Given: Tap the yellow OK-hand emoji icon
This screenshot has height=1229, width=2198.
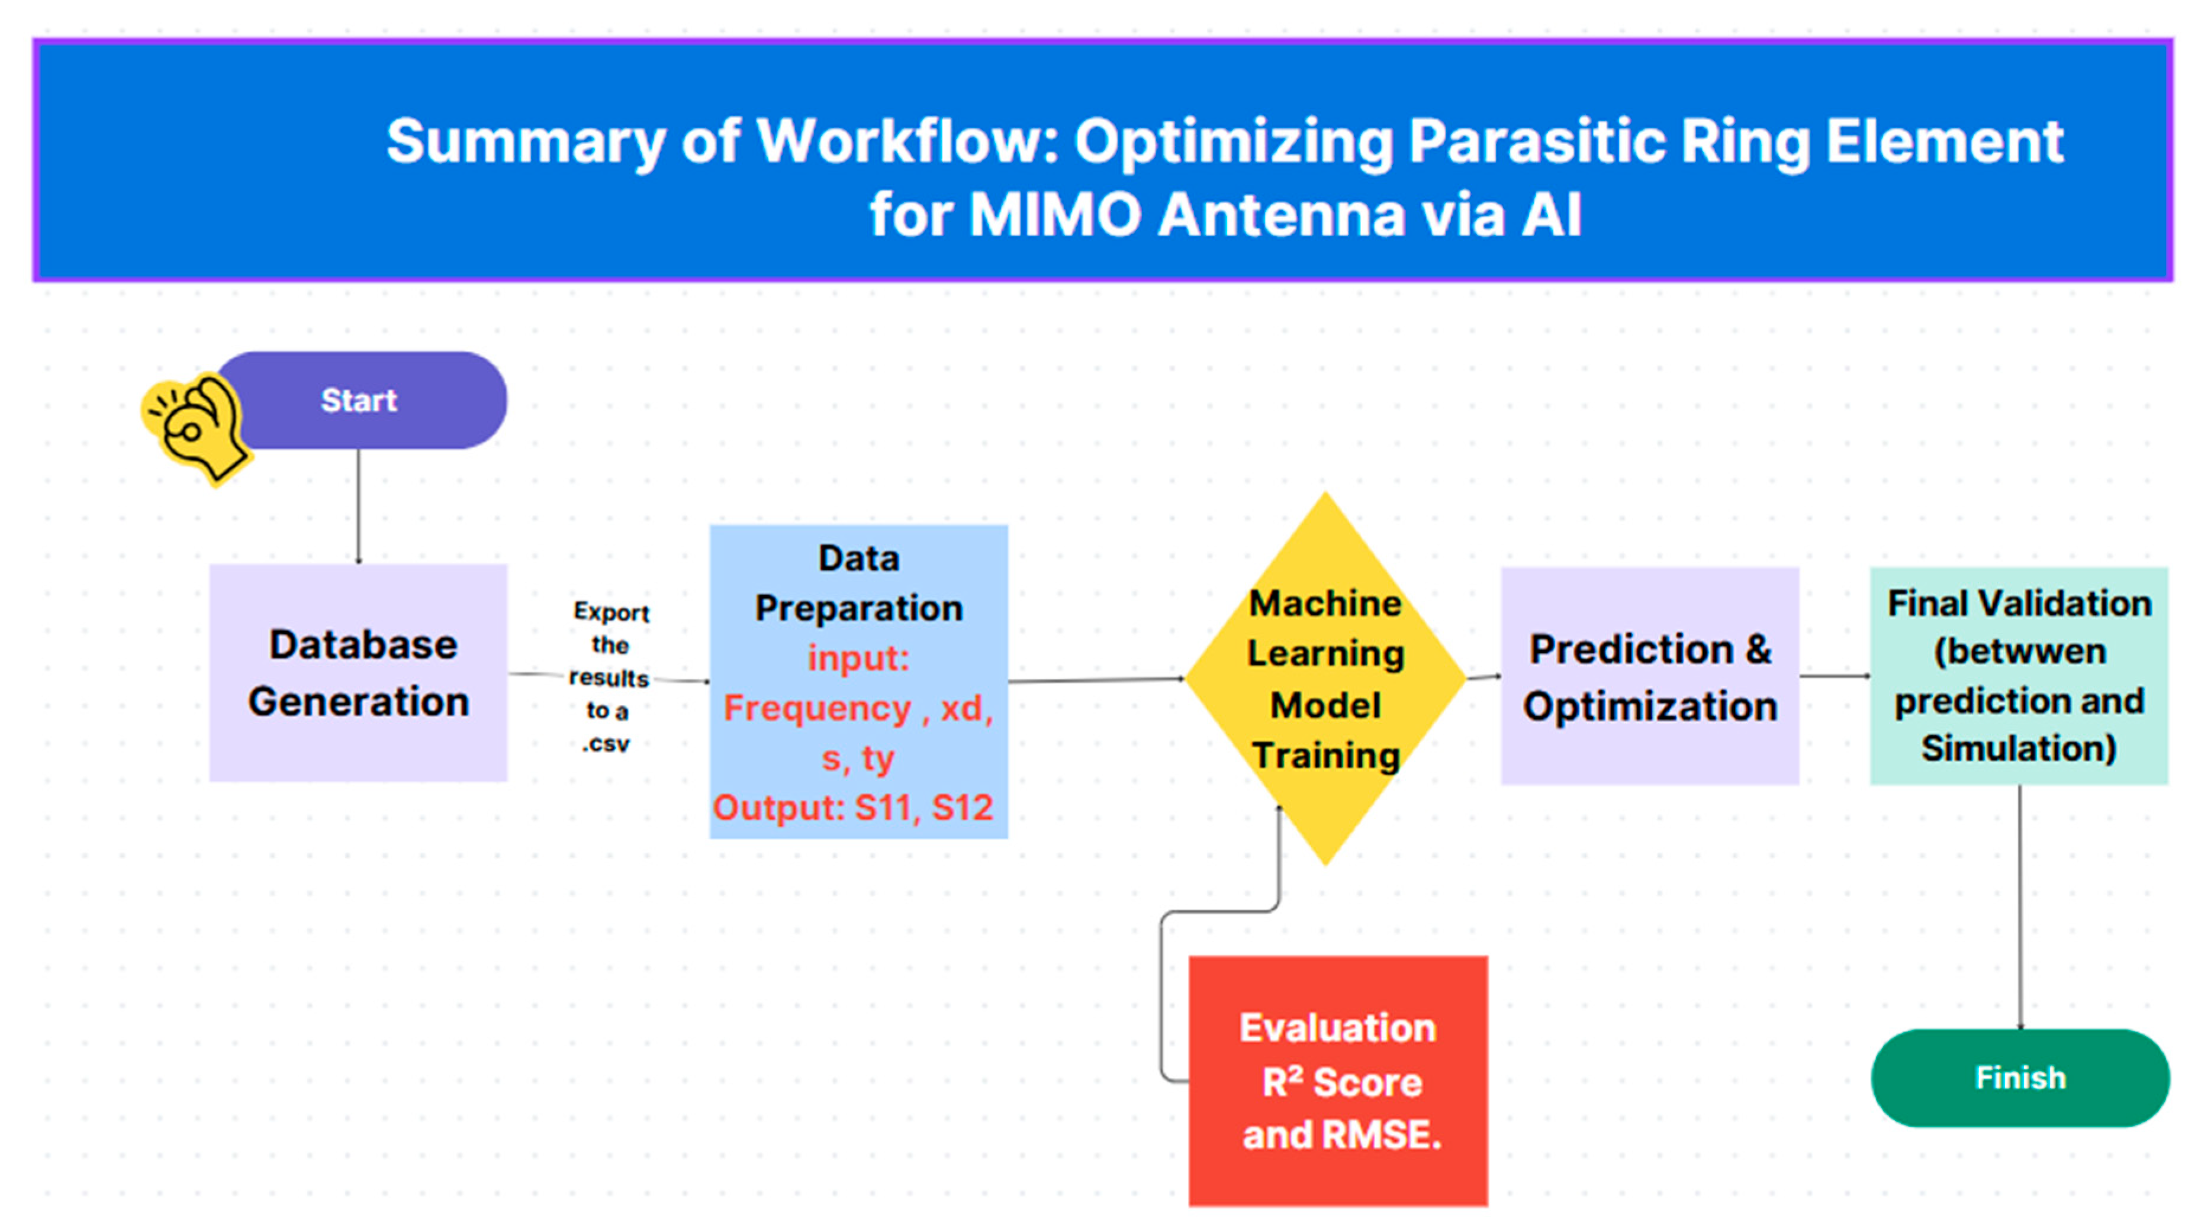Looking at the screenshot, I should pos(197,427).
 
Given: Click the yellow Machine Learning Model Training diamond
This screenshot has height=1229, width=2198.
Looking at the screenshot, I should pos(1325,679).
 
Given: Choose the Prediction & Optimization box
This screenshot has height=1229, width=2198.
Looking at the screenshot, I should pos(1649,676).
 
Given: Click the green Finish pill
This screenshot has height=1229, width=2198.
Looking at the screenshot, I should pos(2020,1078).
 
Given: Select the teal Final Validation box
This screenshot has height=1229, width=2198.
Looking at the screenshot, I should pos(2019,676).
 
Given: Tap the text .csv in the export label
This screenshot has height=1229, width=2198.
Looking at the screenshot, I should pos(606,744).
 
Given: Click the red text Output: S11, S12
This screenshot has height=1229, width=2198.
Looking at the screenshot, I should pos(853,807).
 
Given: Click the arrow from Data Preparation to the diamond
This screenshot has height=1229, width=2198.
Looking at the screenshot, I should pos(1096,680).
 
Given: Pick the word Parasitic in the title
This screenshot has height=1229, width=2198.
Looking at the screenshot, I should pos(1536,141).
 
